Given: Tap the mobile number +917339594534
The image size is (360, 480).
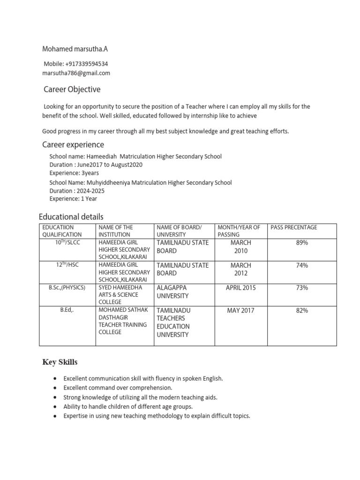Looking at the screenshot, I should point(79,64).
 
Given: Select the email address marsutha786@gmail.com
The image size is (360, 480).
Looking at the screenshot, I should point(76,73).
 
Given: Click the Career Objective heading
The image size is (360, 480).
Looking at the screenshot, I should point(72,90).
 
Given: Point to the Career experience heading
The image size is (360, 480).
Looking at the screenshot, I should point(73,144).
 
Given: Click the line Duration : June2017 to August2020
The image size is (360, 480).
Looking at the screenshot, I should point(96,165).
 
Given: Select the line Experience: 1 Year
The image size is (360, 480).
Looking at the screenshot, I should point(73,199).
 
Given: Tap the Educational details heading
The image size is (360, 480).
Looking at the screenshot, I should point(71,217).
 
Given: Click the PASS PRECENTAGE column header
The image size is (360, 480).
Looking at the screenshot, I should point(294,227).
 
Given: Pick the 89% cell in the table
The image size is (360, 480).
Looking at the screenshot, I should point(301,243).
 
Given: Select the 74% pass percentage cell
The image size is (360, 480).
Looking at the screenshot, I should point(301,265).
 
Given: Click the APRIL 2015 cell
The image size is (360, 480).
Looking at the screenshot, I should point(241,288).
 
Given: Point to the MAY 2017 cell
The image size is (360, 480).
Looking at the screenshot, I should point(241,310).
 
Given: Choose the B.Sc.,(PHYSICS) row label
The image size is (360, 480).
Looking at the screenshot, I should point(67,287).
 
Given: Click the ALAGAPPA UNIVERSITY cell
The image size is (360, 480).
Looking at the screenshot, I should point(173,292).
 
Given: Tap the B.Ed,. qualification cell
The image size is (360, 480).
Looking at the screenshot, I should point(67,310).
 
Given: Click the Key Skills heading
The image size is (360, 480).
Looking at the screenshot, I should point(60,362).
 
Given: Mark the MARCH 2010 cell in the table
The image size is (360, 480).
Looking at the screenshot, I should point(241,247).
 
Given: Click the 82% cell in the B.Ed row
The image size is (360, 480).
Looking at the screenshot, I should point(301,310).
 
